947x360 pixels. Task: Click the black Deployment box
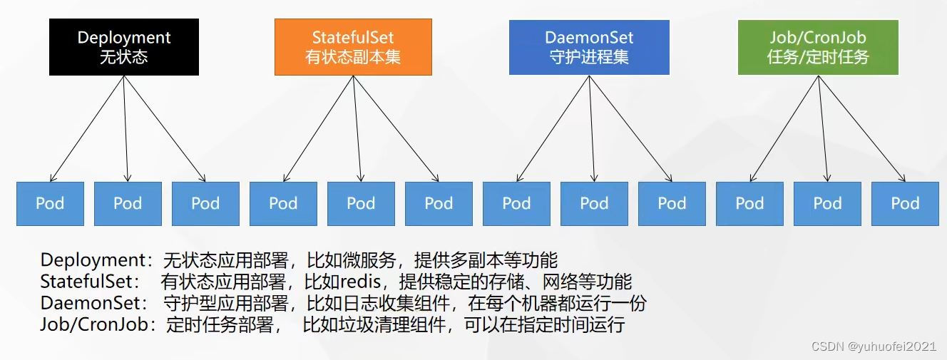coord(124,47)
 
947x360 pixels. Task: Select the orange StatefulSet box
coord(353,47)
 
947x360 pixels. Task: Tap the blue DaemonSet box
coord(589,47)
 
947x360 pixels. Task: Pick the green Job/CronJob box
coord(819,47)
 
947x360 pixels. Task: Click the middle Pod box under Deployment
coord(128,203)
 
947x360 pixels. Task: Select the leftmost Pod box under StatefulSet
coord(283,203)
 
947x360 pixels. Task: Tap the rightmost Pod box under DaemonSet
coord(672,203)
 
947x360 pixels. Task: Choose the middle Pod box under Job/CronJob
coord(827,203)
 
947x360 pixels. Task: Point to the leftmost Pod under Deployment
coord(50,203)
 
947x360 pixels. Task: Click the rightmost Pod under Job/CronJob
coord(905,203)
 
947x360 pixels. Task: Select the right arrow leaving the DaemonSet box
coord(630,128)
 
